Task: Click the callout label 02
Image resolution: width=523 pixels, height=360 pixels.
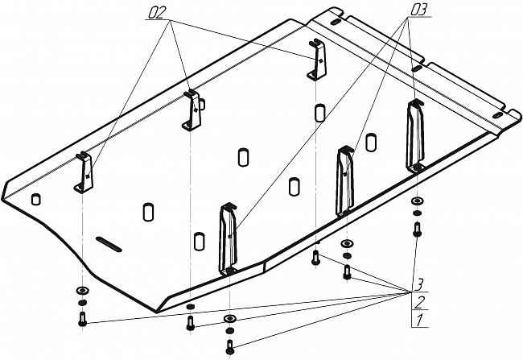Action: pos(159,14)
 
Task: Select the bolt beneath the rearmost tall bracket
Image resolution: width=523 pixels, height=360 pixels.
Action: pos(418,229)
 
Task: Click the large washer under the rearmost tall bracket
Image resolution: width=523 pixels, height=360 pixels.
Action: pos(416,201)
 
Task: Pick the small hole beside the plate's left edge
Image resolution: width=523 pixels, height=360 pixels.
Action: pos(36,198)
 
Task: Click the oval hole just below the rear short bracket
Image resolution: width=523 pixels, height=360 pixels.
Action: pos(319,111)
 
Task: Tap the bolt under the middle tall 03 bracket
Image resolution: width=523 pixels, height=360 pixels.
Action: pos(346,271)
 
